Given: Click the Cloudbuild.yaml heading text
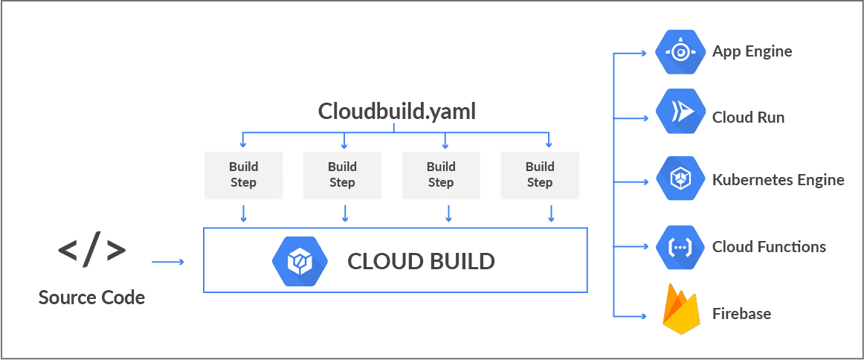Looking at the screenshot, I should (396, 112).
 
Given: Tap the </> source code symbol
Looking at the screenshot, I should (91, 251).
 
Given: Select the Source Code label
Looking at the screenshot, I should (91, 298).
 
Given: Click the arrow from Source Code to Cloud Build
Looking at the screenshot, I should (167, 262).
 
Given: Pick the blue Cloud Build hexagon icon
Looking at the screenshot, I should (297, 261).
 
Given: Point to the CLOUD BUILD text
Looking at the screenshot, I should (421, 262).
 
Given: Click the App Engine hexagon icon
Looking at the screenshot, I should (680, 52).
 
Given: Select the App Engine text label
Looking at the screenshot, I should (752, 51).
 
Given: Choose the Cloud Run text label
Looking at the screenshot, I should (748, 118).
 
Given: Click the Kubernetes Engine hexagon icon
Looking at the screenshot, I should (680, 179).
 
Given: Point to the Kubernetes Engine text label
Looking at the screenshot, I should (778, 180).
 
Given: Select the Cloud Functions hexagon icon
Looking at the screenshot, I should (680, 246).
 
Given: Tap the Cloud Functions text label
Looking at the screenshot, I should (769, 247).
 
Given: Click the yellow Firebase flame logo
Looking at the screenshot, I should (682, 312).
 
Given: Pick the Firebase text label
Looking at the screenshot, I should (741, 313).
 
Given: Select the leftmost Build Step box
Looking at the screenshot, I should (243, 175).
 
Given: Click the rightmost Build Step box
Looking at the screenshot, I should (540, 175).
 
